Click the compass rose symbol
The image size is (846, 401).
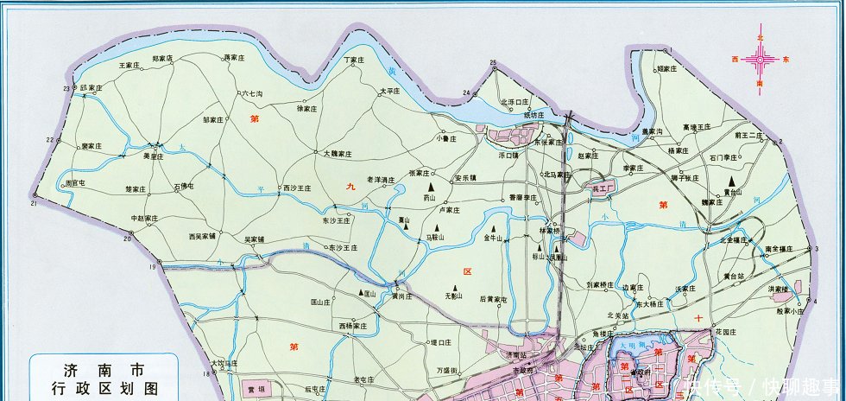click(x=760, y=60)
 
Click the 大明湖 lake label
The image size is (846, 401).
click(x=634, y=347)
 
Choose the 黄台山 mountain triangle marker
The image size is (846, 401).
click(x=728, y=181)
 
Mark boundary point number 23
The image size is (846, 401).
click(x=66, y=89)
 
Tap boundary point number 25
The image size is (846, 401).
click(x=494, y=63)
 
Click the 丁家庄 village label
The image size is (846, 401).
click(x=356, y=60)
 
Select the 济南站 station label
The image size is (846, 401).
click(x=515, y=355)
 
